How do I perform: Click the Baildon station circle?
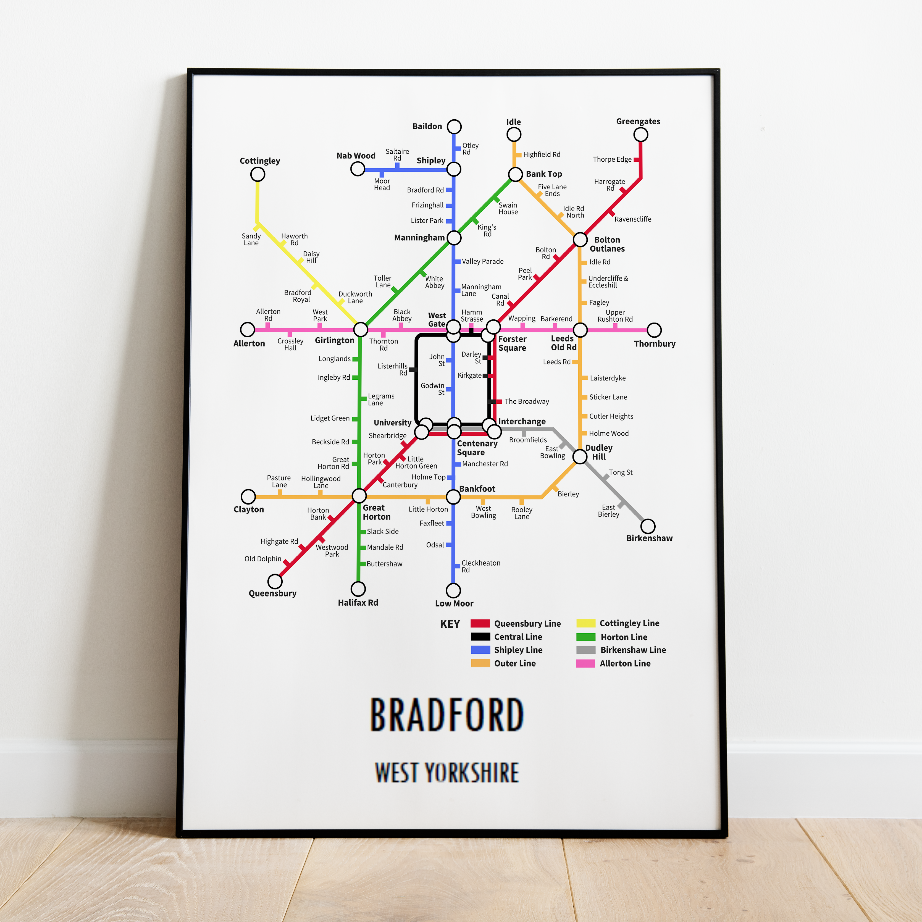pos(454,127)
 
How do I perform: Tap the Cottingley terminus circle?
pos(258,174)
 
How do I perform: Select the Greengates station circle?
pos(640,135)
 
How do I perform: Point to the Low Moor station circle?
pos(453,590)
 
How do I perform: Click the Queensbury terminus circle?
pos(275,581)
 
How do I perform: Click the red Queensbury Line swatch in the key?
pos(480,623)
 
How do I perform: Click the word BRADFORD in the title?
pos(447,715)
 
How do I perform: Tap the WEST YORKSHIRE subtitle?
pos(447,773)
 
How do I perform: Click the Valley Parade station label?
pos(482,262)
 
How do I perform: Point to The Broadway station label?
pos(526,401)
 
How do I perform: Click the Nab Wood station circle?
pos(358,169)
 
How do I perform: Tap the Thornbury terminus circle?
pos(654,330)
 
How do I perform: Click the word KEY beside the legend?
pos(450,624)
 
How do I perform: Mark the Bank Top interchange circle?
pos(515,174)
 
